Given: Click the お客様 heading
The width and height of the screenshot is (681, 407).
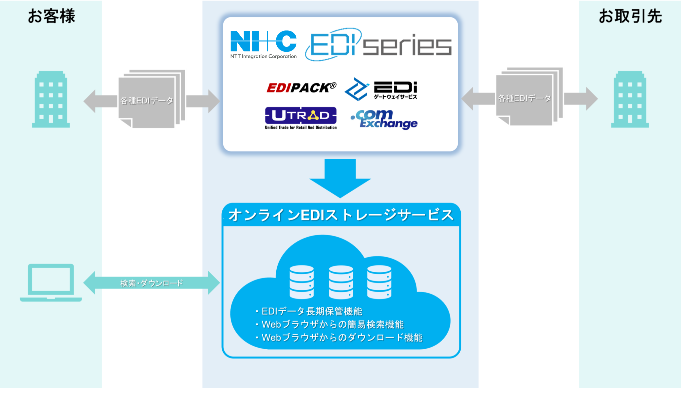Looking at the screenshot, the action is pyautogui.click(x=51, y=16).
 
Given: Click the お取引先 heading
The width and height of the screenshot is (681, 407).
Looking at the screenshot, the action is pyautogui.click(x=630, y=16).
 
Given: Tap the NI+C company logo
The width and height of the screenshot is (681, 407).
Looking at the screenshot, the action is pyautogui.click(x=264, y=44).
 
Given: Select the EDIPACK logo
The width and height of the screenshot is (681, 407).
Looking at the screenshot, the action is pyautogui.click(x=301, y=87).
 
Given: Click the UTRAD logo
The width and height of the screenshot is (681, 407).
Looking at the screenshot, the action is pyautogui.click(x=301, y=118).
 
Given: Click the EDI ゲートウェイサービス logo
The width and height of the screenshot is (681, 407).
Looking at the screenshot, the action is pyautogui.click(x=381, y=89).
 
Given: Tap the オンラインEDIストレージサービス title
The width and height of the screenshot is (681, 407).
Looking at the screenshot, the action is pyautogui.click(x=341, y=215).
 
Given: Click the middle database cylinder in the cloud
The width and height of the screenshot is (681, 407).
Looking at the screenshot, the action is pyautogui.click(x=341, y=282).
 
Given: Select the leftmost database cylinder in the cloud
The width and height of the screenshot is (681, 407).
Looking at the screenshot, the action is pyautogui.click(x=302, y=282).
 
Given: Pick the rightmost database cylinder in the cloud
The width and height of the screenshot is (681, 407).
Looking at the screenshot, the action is pyautogui.click(x=379, y=282).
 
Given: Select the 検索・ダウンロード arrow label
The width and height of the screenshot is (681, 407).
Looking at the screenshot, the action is pyautogui.click(x=152, y=283).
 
